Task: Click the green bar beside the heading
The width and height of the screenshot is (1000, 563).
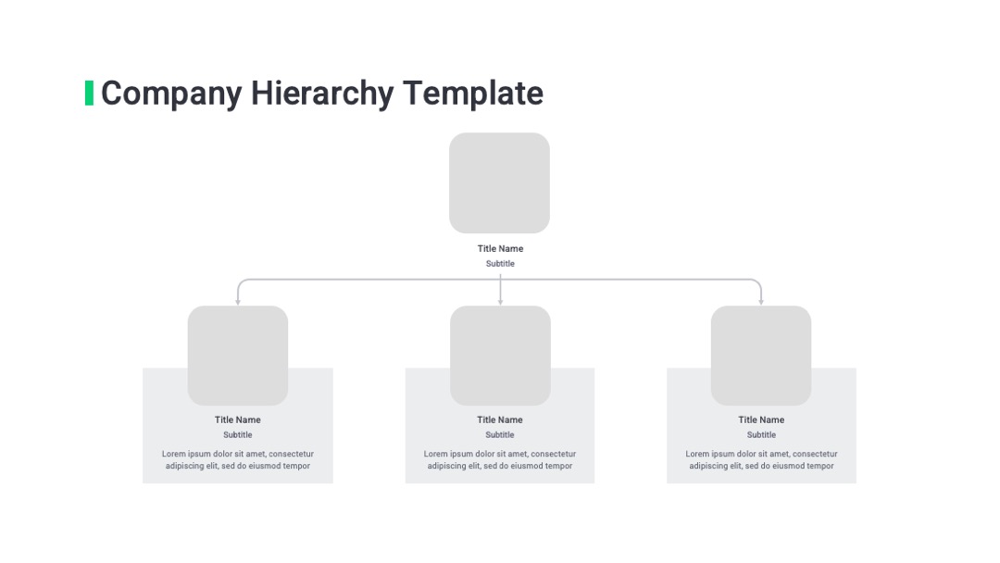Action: click(89, 94)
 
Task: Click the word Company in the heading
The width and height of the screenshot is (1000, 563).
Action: click(171, 94)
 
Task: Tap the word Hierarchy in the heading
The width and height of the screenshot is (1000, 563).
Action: click(322, 94)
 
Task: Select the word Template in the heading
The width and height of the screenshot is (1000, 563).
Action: click(472, 94)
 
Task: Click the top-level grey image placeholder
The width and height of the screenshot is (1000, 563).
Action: click(499, 183)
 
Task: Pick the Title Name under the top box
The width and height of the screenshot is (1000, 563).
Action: click(500, 249)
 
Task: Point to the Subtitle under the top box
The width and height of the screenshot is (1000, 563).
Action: click(500, 263)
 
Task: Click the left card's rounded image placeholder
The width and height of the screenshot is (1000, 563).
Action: click(238, 356)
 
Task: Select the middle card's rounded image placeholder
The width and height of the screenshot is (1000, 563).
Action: click(500, 356)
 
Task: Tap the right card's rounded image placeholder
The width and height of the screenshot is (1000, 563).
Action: click(761, 356)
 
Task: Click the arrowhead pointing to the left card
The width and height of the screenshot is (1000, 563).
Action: click(238, 302)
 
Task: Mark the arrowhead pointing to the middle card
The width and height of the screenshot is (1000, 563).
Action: click(500, 302)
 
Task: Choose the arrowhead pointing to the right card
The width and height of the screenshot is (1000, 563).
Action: click(761, 302)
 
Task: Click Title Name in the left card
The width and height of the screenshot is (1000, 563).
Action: click(237, 419)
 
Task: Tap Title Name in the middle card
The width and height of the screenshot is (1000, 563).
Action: click(499, 419)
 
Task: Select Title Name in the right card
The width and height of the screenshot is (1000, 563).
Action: click(761, 419)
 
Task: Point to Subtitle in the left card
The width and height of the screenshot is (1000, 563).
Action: click(237, 435)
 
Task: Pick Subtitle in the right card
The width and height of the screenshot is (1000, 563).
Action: click(761, 435)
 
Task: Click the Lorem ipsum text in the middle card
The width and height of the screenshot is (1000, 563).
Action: click(499, 459)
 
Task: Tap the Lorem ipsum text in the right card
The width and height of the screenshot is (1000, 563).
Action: click(761, 459)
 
